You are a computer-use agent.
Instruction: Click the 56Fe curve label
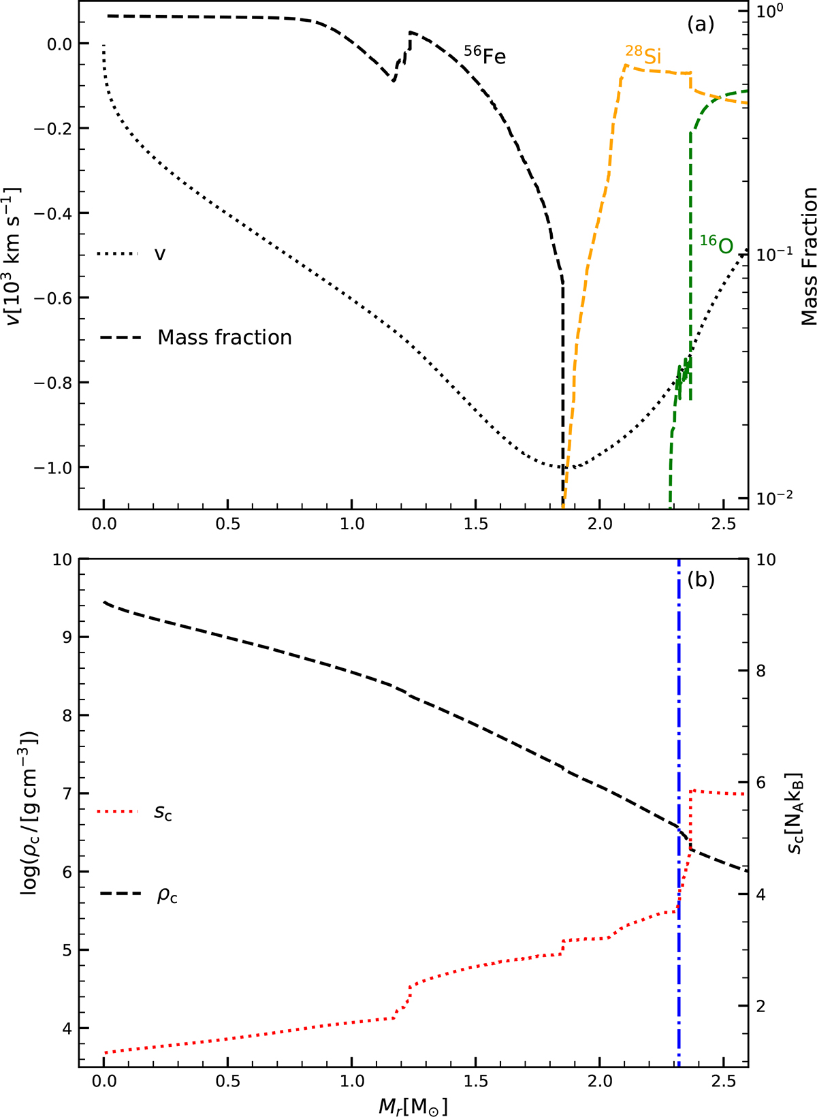(x=485, y=55)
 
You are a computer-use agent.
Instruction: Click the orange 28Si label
(x=643, y=56)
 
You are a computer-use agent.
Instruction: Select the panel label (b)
(x=701, y=580)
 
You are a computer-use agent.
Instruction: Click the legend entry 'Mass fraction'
(x=224, y=337)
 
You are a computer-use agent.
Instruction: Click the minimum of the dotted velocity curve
(x=562, y=467)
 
